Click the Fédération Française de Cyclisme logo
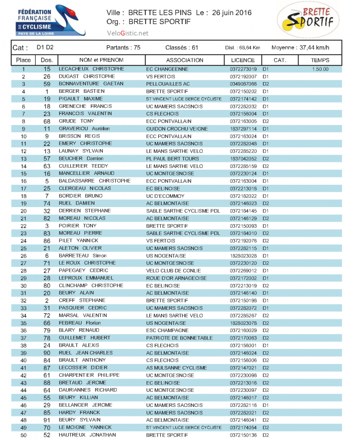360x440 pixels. (x=51, y=21)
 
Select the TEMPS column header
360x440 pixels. (x=320, y=60)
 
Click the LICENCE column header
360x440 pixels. (x=243, y=60)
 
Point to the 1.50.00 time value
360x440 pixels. (x=320, y=69)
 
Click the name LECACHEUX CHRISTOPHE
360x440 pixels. (x=91, y=69)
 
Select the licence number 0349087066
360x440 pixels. (x=243, y=84)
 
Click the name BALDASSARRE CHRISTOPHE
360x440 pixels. (x=95, y=181)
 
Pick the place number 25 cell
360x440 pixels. (x=23, y=248)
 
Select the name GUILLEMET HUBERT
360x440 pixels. (x=84, y=338)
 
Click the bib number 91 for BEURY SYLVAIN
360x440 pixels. (x=47, y=420)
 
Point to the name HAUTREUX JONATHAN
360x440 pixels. (x=87, y=435)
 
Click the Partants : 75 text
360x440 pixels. (x=123, y=47)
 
